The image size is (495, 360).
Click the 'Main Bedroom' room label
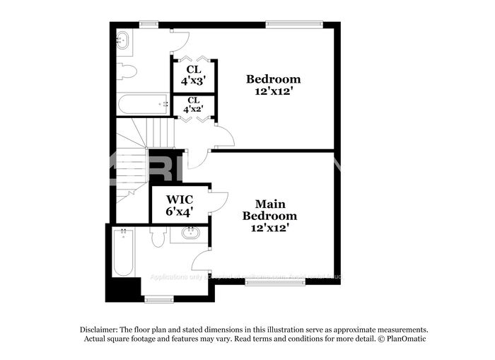coord(269,210)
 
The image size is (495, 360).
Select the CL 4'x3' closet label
coord(194,75)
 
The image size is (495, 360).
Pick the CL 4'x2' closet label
coord(194,105)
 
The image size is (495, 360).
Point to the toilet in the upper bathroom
coord(127,71)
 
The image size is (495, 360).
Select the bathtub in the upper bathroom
coord(142,105)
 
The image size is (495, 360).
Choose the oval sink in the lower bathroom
coord(190,233)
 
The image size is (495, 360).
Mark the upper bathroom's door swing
coord(180,41)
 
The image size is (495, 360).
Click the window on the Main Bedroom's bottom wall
coord(275,282)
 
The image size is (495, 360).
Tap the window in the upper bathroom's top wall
coord(148,25)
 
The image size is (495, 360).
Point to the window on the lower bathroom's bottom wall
coord(159,298)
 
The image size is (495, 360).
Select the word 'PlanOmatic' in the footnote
coord(406,339)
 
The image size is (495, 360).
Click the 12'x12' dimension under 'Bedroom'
coord(273,91)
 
